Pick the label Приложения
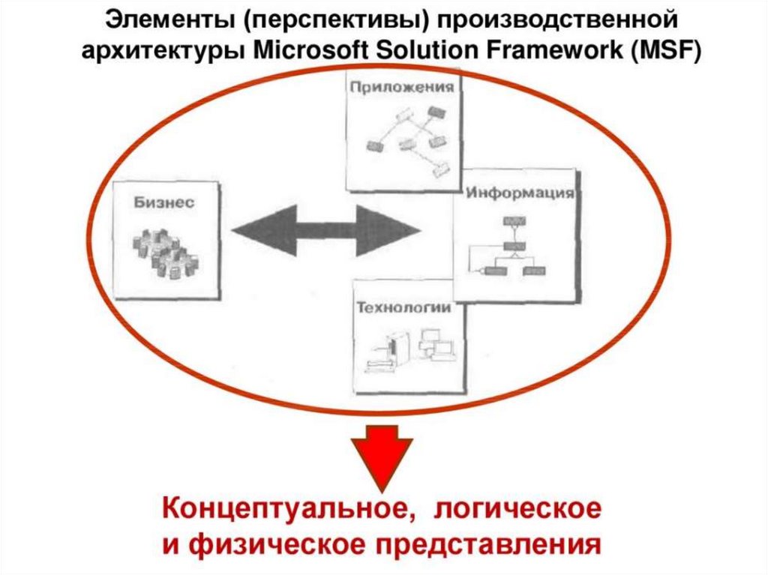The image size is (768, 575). [x=402, y=87]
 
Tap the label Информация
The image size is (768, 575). [x=520, y=193]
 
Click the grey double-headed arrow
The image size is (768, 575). [x=327, y=231]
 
